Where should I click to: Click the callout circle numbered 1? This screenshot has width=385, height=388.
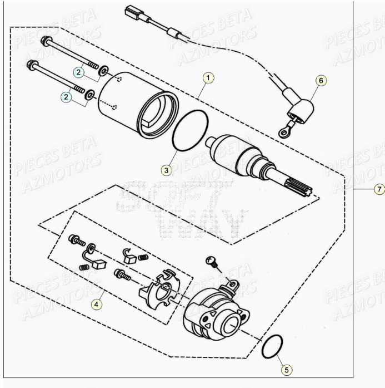(207, 78)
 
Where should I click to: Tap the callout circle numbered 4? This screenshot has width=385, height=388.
(97, 304)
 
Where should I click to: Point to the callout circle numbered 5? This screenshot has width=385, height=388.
(285, 369)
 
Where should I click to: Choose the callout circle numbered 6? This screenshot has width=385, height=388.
(320, 81)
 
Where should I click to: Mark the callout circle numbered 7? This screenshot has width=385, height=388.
(378, 190)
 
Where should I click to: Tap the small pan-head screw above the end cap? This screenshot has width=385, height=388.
(211, 261)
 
